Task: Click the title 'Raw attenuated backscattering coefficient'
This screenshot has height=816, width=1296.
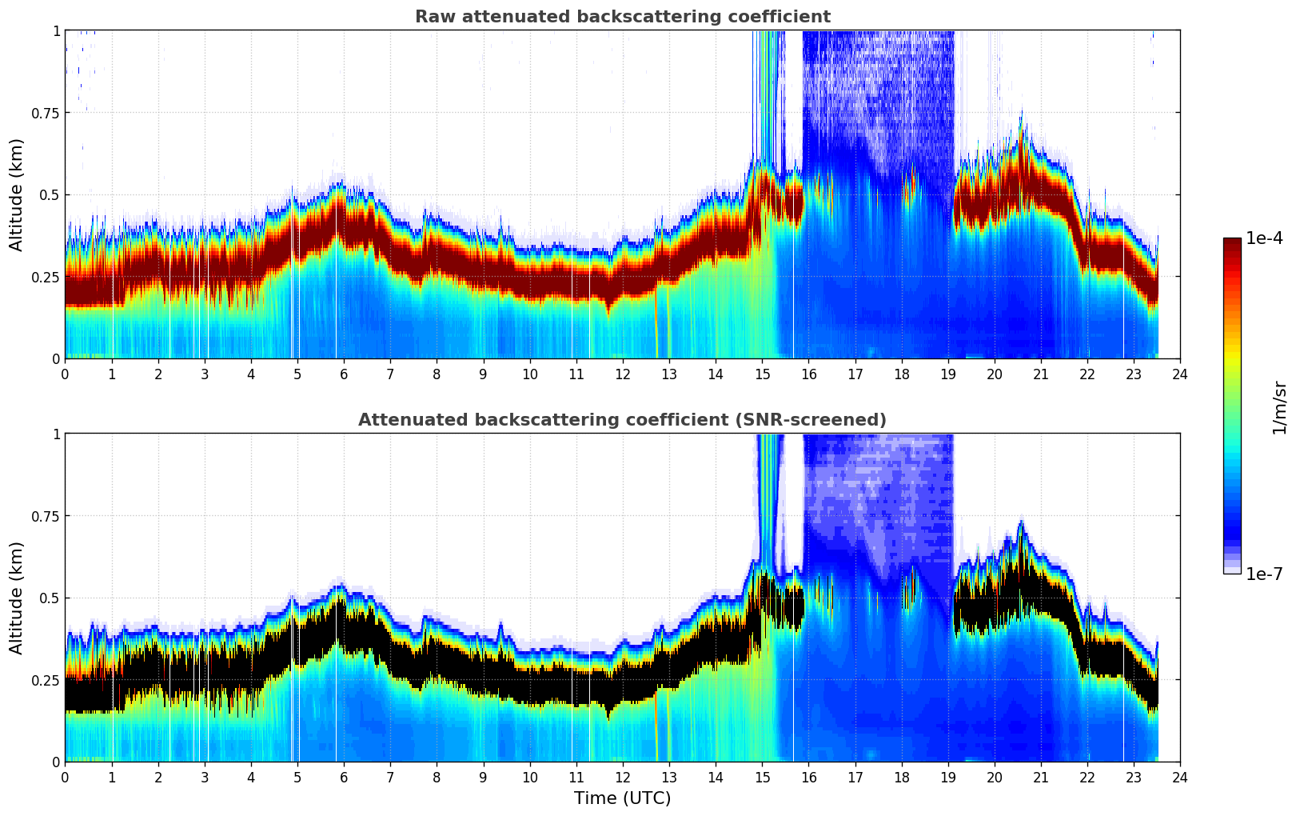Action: click(x=622, y=17)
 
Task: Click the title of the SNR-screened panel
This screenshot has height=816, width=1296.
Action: click(x=622, y=420)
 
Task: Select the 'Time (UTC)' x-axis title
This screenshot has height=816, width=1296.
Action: click(x=622, y=798)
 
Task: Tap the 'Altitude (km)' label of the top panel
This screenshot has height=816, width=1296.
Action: click(x=17, y=194)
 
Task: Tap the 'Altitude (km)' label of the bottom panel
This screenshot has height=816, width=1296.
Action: click(x=17, y=598)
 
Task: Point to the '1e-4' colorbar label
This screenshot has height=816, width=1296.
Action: click(x=1264, y=238)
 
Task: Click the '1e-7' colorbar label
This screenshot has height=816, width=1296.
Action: click(x=1264, y=574)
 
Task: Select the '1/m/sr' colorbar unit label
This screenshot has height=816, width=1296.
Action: click(x=1279, y=407)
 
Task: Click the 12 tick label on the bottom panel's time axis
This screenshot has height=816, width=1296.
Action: click(x=623, y=778)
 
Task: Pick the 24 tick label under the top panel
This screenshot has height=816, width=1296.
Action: click(x=1180, y=374)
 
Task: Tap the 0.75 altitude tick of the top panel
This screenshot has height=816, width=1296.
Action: click(x=45, y=113)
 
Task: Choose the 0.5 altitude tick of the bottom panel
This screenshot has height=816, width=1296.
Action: click(x=50, y=598)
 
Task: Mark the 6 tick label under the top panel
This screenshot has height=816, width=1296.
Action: click(x=344, y=374)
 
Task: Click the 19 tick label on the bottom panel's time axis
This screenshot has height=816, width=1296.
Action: click(x=948, y=778)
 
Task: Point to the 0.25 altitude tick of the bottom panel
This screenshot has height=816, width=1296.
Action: click(x=45, y=680)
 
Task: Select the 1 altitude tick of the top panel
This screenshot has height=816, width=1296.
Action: click(x=56, y=30)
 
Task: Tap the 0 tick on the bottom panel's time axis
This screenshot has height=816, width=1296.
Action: click(x=65, y=778)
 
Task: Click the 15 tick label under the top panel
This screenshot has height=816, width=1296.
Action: click(x=762, y=374)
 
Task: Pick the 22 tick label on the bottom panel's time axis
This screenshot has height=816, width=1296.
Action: click(x=1087, y=778)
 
